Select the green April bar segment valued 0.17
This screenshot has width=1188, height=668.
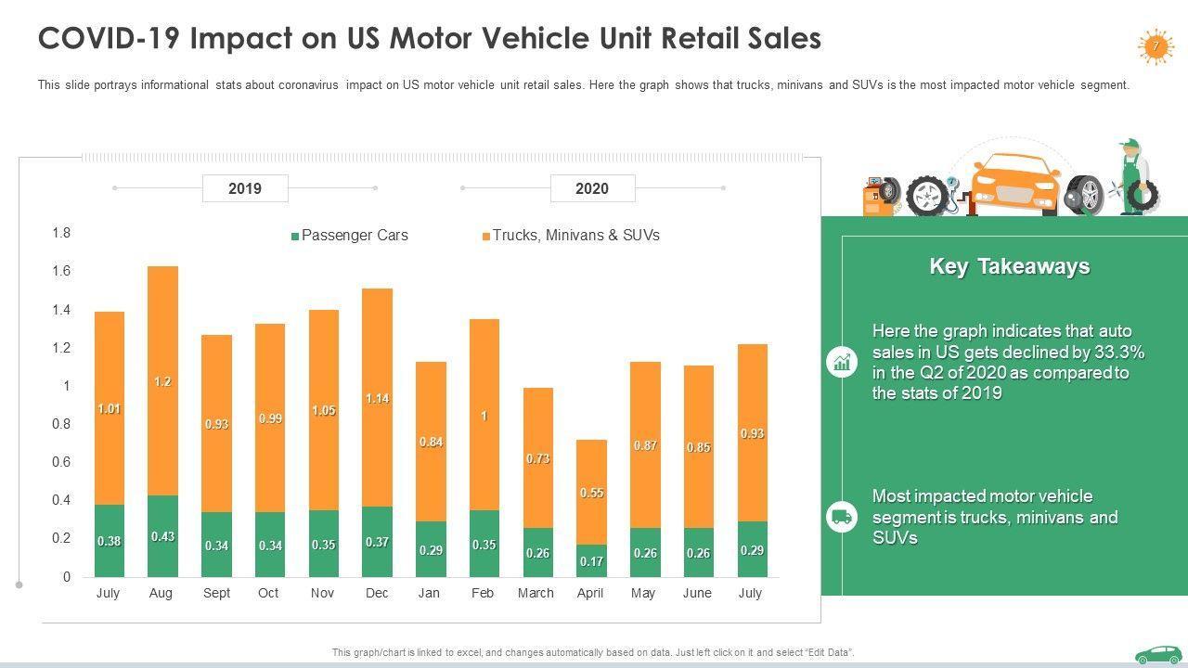tap(590, 560)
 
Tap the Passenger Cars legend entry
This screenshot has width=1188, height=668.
tap(350, 236)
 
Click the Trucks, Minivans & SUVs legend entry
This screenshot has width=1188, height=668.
tap(571, 236)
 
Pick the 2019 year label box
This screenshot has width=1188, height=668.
tap(245, 188)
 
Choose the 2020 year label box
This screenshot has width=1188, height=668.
tap(592, 188)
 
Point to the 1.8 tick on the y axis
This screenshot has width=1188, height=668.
tap(61, 233)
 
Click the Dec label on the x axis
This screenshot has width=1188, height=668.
tap(377, 593)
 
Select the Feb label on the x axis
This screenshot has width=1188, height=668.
tap(483, 593)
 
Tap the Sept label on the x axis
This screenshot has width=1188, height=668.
tap(216, 593)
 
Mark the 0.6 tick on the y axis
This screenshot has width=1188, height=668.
tap(61, 462)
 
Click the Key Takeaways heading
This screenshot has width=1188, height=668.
tap(1010, 266)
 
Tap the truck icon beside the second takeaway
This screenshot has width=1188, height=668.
tap(842, 517)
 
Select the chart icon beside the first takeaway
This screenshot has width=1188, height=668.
tap(842, 362)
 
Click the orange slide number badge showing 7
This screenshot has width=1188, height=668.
tap(1156, 45)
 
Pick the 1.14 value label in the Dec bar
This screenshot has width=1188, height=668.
tap(377, 399)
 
